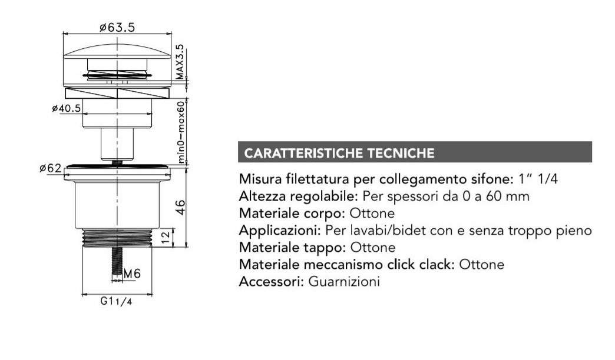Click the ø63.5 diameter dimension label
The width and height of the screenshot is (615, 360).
[x=117, y=28]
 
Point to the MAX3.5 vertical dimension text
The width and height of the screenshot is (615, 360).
[x=179, y=62]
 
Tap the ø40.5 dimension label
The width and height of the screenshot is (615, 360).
[x=66, y=108]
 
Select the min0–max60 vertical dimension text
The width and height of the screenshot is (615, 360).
[x=181, y=132]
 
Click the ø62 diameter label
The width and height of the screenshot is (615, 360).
[x=51, y=168]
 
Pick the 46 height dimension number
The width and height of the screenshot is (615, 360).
[x=180, y=207]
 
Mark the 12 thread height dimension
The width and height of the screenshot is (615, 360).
[x=166, y=236]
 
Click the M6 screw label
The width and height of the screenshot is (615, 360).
[x=132, y=274]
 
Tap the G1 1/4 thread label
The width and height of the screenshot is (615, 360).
[x=116, y=301]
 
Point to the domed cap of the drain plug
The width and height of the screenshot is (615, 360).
[x=117, y=51]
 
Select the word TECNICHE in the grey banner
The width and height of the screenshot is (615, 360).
[x=401, y=153]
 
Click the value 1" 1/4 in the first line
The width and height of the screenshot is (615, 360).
[x=538, y=179]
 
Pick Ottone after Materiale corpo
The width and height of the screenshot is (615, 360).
[x=372, y=214]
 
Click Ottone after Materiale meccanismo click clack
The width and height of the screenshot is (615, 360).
[x=482, y=265]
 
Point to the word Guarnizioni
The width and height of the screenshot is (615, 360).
[x=344, y=282]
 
